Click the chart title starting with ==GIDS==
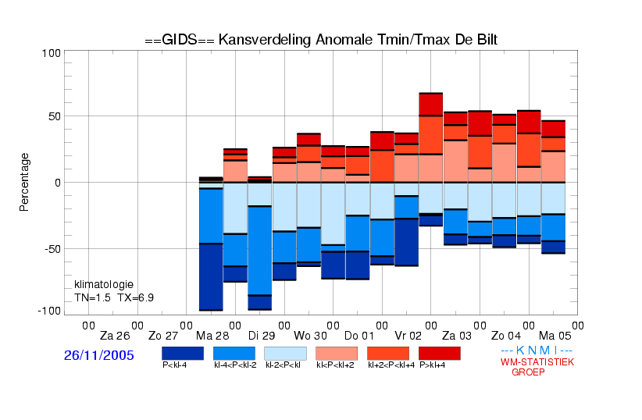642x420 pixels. point(320,39)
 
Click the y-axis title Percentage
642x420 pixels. point(25,182)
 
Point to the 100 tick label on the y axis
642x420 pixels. point(52,53)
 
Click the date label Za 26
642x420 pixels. point(115,336)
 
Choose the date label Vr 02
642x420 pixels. point(408,336)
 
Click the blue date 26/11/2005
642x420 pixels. point(99,355)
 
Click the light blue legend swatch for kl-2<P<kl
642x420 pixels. point(285,353)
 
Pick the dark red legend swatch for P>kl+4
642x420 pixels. point(440,353)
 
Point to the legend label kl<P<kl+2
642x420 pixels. point(336,365)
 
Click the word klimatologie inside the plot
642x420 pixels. point(104,284)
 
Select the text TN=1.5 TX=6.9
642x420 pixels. point(114,297)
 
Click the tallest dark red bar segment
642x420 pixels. point(431,105)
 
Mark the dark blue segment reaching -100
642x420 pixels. point(211,277)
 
